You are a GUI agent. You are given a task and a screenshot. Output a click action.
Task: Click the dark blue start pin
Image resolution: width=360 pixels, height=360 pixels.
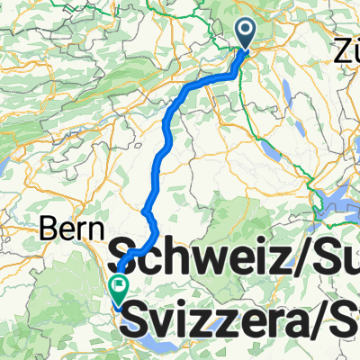pos(247,32)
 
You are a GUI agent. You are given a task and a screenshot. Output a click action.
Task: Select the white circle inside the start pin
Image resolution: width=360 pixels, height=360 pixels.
pos(247,31)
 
